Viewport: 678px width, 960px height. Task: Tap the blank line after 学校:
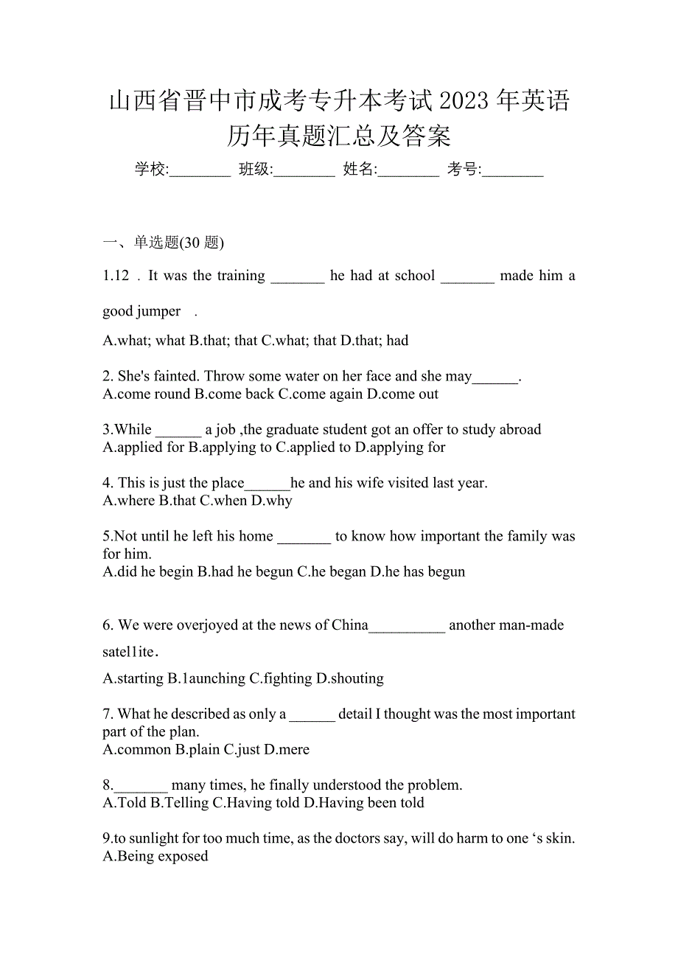[200, 171]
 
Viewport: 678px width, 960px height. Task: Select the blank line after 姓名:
[409, 171]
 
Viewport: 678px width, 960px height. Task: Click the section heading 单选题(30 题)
[179, 242]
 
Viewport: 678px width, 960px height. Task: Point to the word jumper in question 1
[160, 311]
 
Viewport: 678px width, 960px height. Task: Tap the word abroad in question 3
[518, 429]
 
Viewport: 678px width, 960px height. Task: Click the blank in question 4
[268, 484]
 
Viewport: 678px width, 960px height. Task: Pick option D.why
[272, 501]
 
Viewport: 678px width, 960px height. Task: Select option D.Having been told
[364, 802]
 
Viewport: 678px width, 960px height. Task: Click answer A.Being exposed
[155, 856]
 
